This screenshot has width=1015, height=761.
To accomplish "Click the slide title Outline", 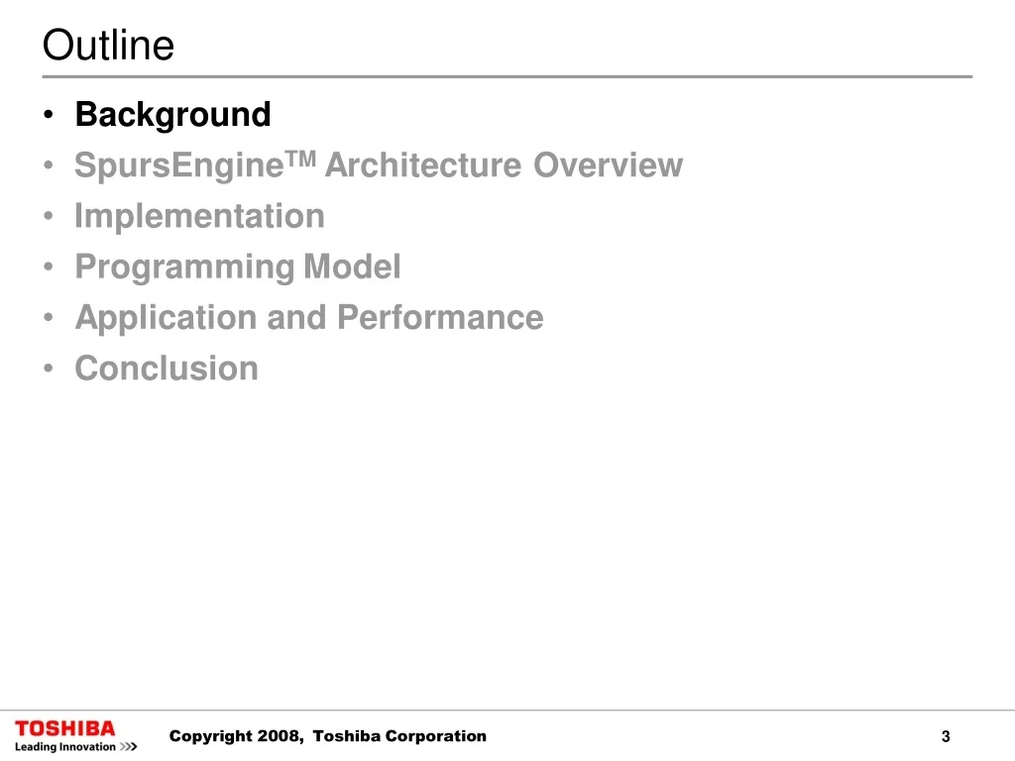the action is pyautogui.click(x=108, y=45).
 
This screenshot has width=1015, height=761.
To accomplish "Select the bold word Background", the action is pyautogui.click(x=172, y=115).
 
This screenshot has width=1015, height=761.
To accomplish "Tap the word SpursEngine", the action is pyautogui.click(x=179, y=166).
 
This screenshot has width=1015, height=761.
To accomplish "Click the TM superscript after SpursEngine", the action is pyautogui.click(x=300, y=159).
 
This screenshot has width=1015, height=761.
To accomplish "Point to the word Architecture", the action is pyautogui.click(x=422, y=165).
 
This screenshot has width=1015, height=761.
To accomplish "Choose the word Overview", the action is pyautogui.click(x=608, y=165).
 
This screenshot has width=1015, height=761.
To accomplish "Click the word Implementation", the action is pyautogui.click(x=199, y=217).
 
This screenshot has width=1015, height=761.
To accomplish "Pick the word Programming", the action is pyautogui.click(x=184, y=268).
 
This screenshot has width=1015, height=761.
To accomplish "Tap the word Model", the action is pyautogui.click(x=352, y=267).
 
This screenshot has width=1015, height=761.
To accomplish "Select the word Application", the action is pyautogui.click(x=167, y=318).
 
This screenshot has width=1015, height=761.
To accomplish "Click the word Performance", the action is pyautogui.click(x=440, y=317).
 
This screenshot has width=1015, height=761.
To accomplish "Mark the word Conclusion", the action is pyautogui.click(x=167, y=369).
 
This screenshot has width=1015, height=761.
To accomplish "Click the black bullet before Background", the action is pyautogui.click(x=48, y=115).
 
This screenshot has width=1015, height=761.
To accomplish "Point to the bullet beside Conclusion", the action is pyautogui.click(x=48, y=369).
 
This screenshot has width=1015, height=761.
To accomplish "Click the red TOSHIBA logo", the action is pyautogui.click(x=64, y=728).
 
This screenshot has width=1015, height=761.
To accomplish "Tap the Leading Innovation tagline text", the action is pyautogui.click(x=64, y=747).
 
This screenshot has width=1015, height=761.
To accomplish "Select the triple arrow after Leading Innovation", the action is pyautogui.click(x=128, y=747).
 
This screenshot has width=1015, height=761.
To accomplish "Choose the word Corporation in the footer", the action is pyautogui.click(x=436, y=736).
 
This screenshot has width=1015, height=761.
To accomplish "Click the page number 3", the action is pyautogui.click(x=946, y=736).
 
